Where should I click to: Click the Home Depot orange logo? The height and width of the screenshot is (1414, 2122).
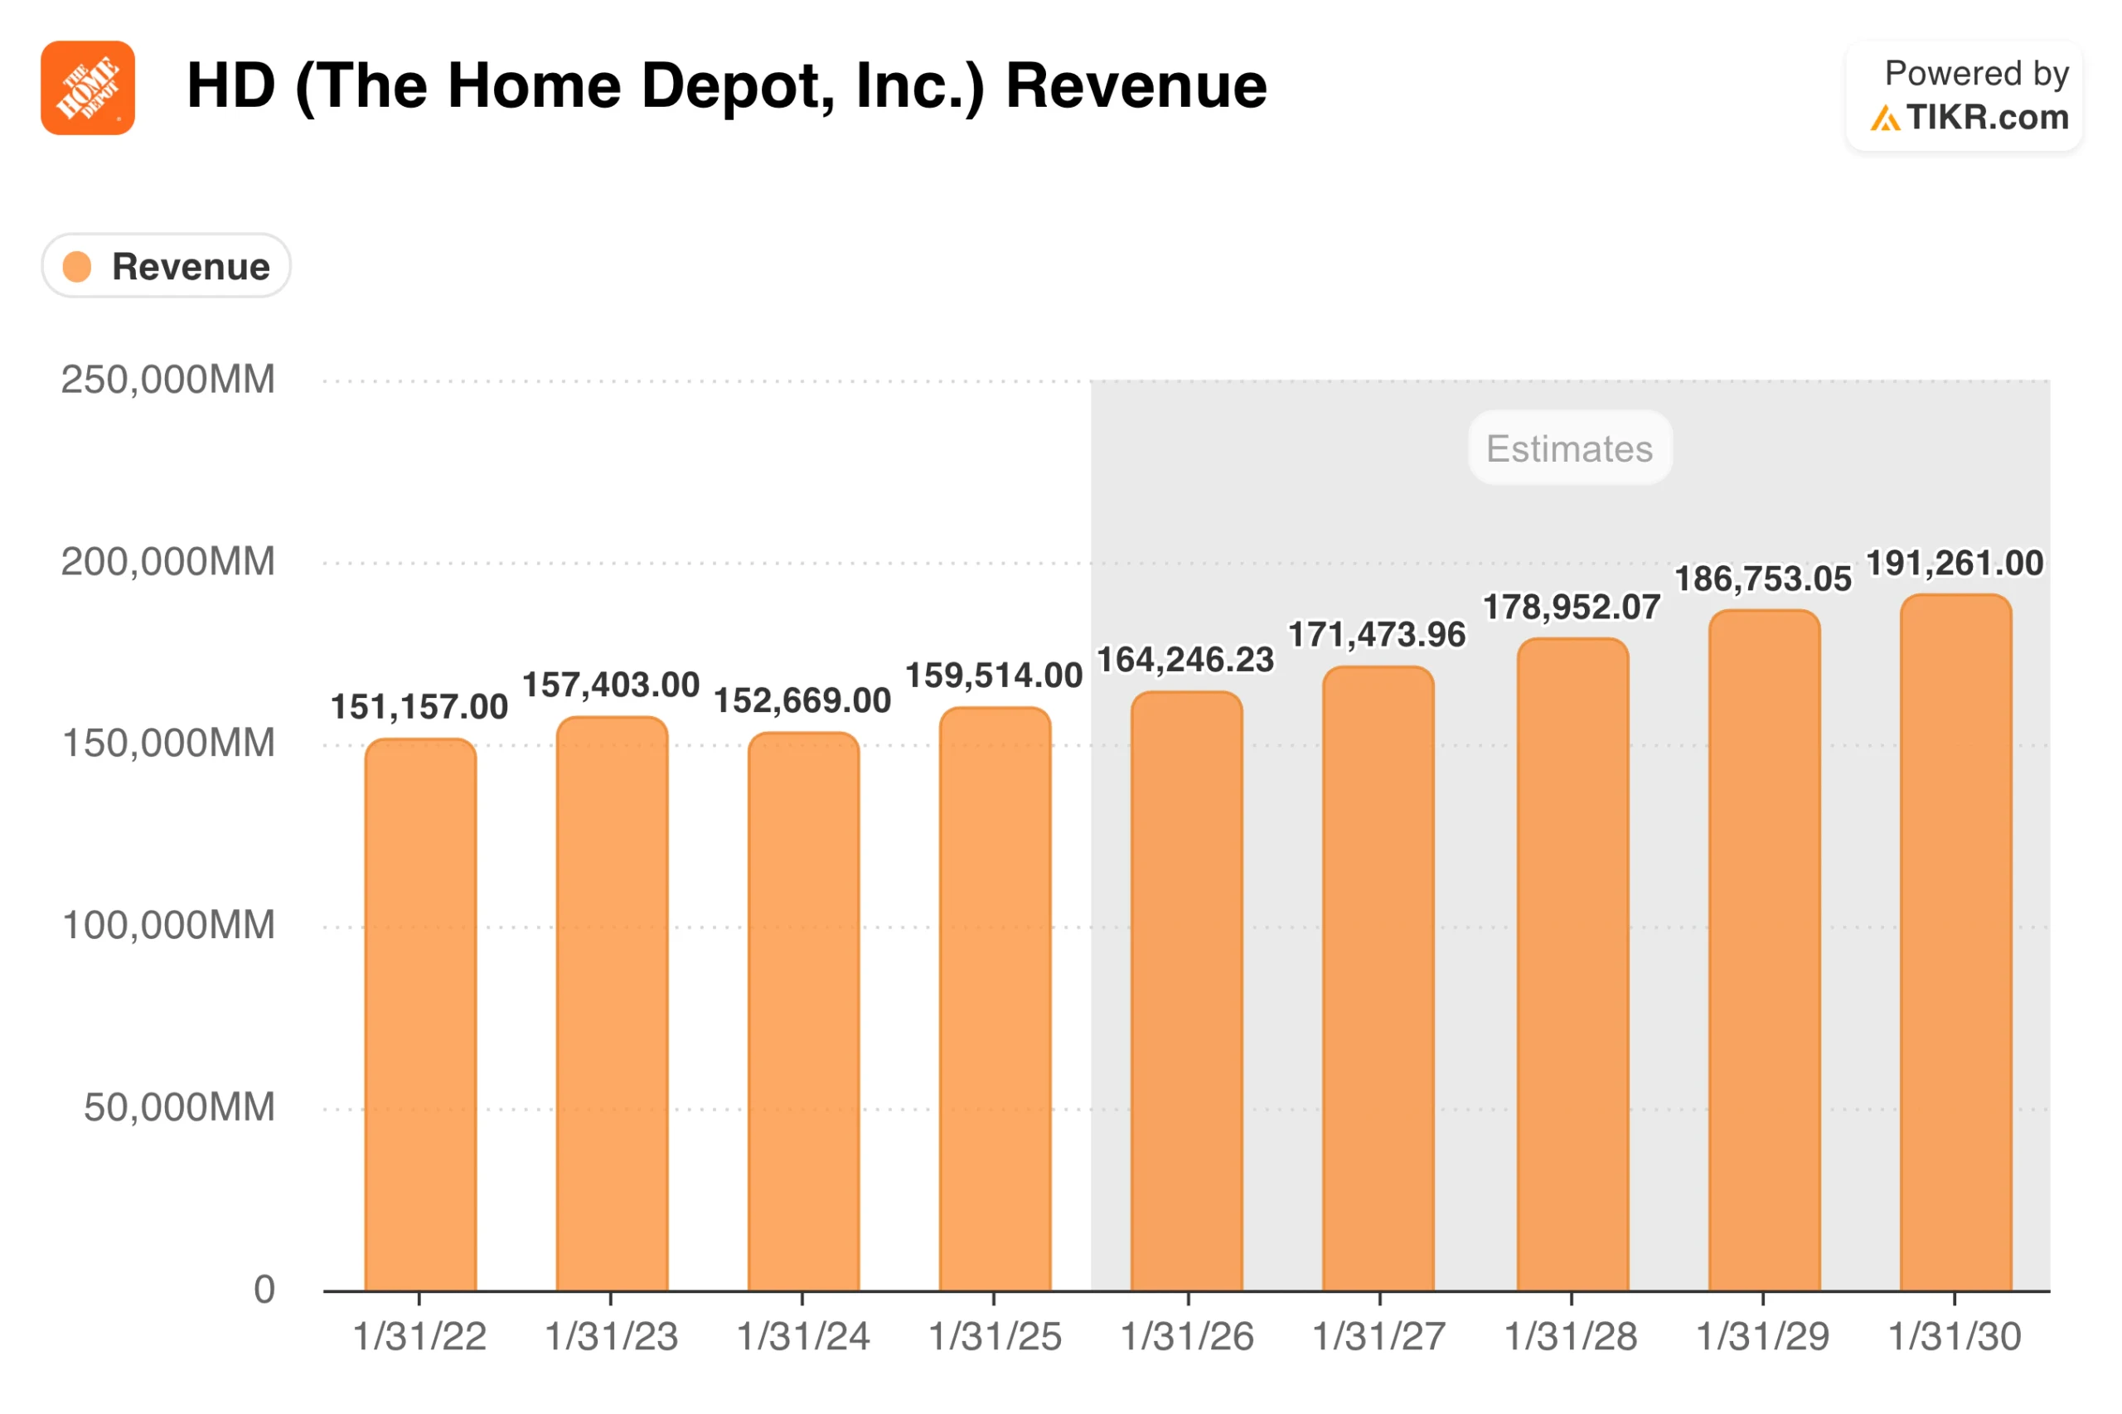click(88, 88)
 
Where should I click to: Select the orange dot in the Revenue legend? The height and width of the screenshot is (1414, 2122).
click(76, 266)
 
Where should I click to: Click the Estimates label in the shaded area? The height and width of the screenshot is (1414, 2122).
click(1568, 448)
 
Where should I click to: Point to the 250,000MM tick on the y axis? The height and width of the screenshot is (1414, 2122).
click(167, 380)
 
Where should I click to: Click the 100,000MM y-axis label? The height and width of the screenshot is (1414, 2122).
click(167, 925)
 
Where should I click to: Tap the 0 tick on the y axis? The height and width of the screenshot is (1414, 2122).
click(264, 1290)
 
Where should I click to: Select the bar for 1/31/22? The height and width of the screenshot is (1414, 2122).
click(420, 1014)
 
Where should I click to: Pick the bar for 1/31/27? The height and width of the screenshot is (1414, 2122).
click(1377, 978)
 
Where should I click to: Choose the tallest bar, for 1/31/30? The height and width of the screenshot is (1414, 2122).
click(1955, 942)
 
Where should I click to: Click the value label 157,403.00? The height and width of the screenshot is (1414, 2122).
click(611, 685)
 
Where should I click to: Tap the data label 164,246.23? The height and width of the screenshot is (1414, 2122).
click(1185, 659)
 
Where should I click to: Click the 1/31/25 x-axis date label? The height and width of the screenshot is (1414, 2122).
click(995, 1335)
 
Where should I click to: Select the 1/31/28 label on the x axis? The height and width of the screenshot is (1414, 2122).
click(1569, 1335)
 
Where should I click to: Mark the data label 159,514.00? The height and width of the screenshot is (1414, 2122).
click(993, 675)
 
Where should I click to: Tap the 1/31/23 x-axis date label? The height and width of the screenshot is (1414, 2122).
click(611, 1335)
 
